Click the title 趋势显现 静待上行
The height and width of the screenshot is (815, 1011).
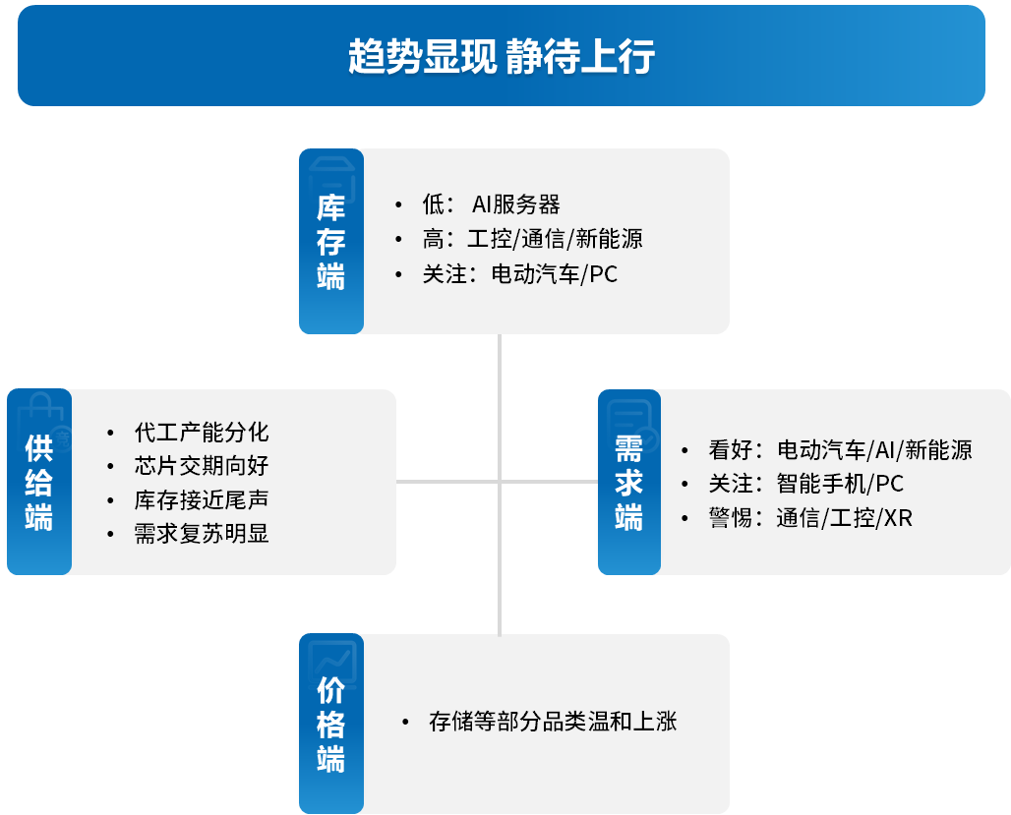[501, 56]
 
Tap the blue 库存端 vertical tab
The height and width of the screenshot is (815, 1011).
[331, 241]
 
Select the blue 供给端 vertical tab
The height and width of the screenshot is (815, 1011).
[39, 482]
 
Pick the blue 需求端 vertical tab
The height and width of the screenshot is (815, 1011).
[629, 482]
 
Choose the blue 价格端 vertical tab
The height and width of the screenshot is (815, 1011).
[331, 724]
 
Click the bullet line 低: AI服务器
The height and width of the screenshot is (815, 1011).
[492, 204]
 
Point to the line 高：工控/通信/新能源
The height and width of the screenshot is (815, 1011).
[533, 239]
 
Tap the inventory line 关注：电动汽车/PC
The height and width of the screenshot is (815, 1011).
[519, 274]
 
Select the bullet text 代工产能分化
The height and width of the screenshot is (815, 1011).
[202, 432]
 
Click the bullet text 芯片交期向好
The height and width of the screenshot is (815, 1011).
[202, 466]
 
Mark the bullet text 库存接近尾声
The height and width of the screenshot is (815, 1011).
[202, 499]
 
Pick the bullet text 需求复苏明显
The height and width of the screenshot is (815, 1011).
[202, 533]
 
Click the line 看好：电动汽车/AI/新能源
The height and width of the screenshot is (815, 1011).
[840, 450]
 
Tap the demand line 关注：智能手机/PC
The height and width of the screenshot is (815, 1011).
[806, 484]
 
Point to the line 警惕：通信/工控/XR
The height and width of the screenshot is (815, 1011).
[810, 518]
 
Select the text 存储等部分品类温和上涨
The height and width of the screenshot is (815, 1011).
[553, 722]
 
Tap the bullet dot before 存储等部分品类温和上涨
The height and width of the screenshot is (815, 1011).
[405, 723]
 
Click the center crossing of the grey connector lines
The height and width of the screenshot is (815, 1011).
[500, 482]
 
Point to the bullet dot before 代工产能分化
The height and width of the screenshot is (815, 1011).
[111, 433]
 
